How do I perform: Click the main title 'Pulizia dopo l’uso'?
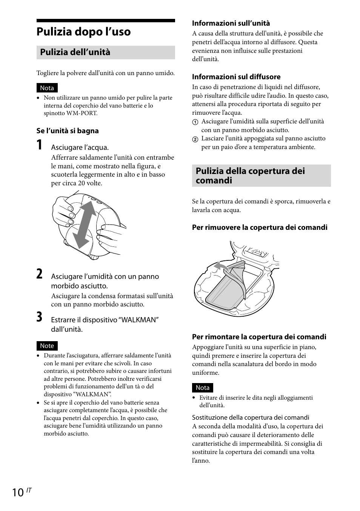[83, 32]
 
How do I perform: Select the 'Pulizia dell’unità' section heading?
[75, 52]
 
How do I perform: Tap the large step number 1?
[40, 145]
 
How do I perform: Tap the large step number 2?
[40, 274]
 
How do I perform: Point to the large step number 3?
[40, 317]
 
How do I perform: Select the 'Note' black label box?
[47, 346]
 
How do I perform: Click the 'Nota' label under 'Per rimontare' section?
[203, 388]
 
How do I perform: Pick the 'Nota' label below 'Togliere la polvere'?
[47, 88]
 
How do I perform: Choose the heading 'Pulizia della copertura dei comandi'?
[250, 175]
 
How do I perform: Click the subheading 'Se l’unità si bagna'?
[68, 131]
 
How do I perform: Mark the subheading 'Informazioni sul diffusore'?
[236, 77]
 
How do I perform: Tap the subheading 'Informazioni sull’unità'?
[231, 23]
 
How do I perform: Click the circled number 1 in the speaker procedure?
[195, 122]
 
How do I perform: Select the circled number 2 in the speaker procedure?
[195, 139]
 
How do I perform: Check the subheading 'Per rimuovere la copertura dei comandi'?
[260, 228]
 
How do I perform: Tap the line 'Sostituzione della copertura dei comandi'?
[251, 417]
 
